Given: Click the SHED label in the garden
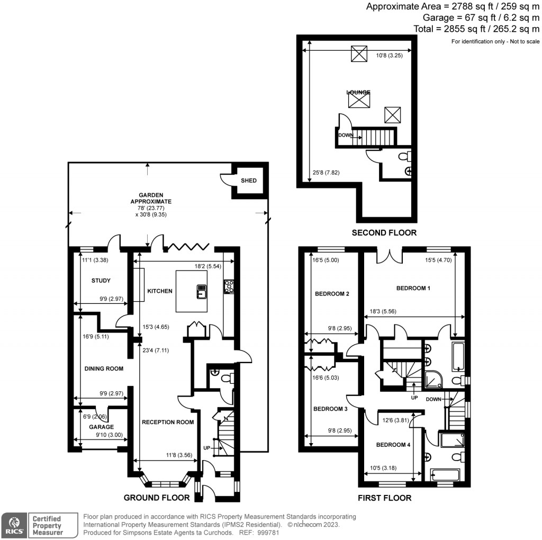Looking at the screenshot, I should coord(249,181).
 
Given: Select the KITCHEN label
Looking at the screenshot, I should coord(160,291).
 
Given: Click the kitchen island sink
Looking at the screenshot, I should coord(202,290).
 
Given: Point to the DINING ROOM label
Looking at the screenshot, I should coord(104,368).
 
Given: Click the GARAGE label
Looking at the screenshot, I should coord(101,427).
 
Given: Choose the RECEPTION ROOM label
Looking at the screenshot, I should coord(167,422).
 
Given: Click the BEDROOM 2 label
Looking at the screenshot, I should coord(332,294).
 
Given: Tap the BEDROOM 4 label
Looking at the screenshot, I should coord(393,445).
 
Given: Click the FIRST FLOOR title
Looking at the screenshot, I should coord(385,498).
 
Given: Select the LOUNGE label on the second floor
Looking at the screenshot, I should coord(358,93).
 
